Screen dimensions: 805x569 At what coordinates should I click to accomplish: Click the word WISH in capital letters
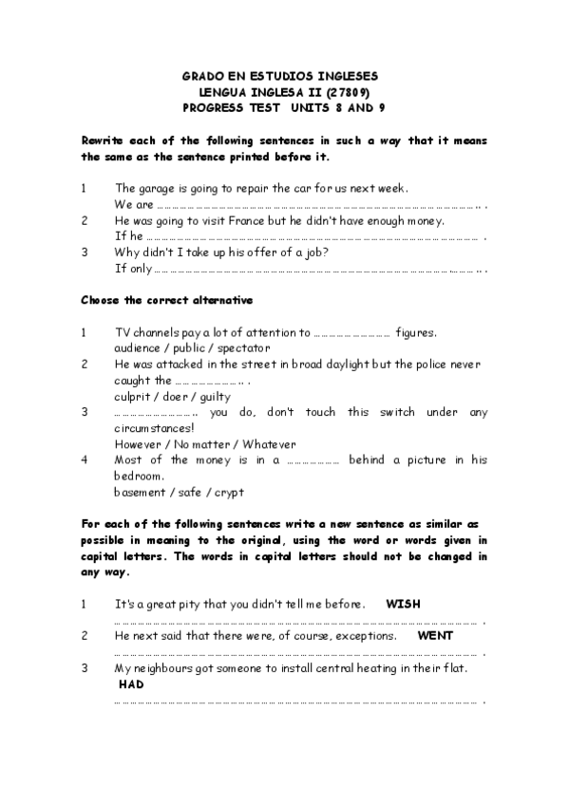click(404, 603)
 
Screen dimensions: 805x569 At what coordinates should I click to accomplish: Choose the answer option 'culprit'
click(133, 396)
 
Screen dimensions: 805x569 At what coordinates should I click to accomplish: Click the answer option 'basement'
click(140, 492)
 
